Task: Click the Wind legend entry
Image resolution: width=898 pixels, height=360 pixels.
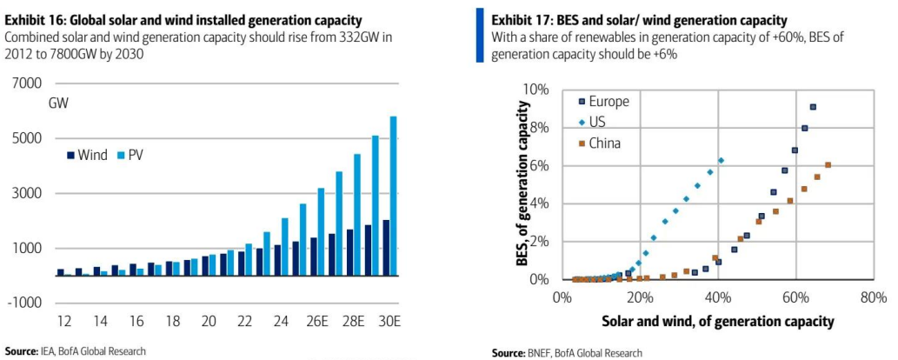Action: coord(87,156)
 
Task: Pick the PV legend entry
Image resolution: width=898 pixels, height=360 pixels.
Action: coord(130,156)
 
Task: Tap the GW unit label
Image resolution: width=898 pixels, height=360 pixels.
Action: coord(59,103)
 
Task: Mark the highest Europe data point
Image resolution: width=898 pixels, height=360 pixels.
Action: coord(813,107)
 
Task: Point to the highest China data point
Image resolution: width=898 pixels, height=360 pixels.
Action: coord(828,165)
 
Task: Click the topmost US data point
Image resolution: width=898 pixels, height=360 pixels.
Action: coord(721,160)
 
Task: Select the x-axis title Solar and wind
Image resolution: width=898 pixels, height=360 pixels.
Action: coord(717,322)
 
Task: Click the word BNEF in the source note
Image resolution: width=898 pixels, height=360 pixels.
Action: coord(537,353)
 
